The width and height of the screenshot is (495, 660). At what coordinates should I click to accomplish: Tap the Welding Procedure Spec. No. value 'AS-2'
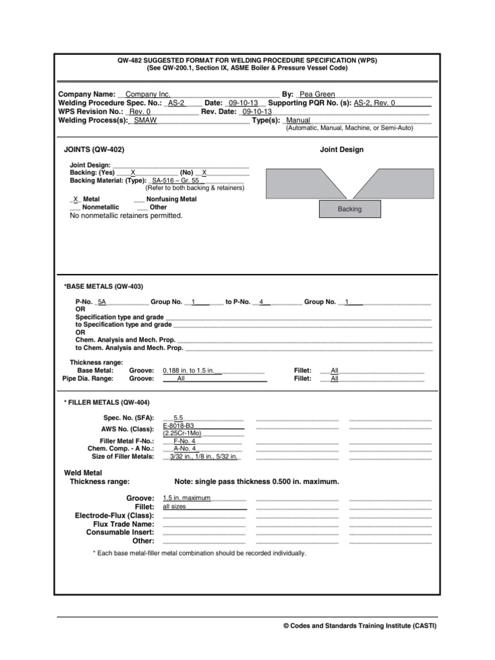coord(176,103)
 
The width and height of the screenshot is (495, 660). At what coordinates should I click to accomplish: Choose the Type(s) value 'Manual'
coord(298,121)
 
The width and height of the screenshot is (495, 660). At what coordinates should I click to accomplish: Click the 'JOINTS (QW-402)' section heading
coord(94,150)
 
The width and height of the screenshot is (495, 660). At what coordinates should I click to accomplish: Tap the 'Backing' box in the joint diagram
coord(350,209)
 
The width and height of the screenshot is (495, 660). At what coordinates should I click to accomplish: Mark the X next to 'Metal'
coord(75,200)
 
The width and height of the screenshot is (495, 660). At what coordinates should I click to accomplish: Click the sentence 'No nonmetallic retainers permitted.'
coord(126,216)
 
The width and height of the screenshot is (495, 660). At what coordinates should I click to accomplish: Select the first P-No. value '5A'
coord(102,302)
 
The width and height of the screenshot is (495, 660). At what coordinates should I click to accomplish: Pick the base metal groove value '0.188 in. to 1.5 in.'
coord(192,371)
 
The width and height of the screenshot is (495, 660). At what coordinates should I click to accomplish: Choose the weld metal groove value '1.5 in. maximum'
coord(187,498)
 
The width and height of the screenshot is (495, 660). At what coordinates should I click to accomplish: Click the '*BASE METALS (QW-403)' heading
coord(103,286)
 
